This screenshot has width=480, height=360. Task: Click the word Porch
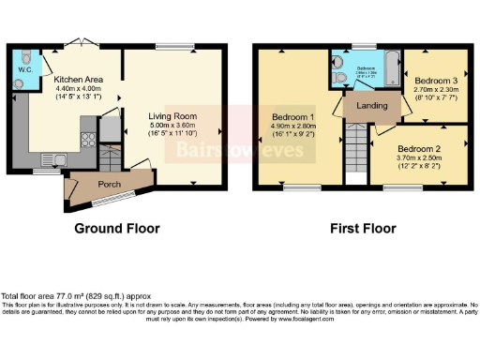[111, 183]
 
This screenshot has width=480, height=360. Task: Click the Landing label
[367, 107]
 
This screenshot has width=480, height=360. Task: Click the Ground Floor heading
[118, 228]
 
